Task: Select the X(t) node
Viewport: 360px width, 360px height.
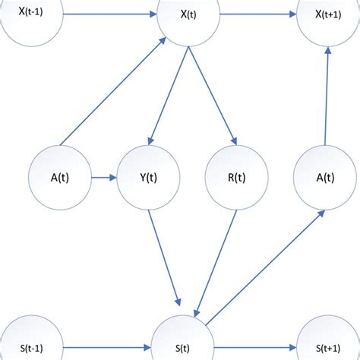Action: pos(188,15)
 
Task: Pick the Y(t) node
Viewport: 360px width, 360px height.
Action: pos(148,178)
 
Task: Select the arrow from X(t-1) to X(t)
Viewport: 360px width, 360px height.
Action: pos(110,14)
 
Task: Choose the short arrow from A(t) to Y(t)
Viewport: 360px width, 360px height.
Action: pos(103,178)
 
